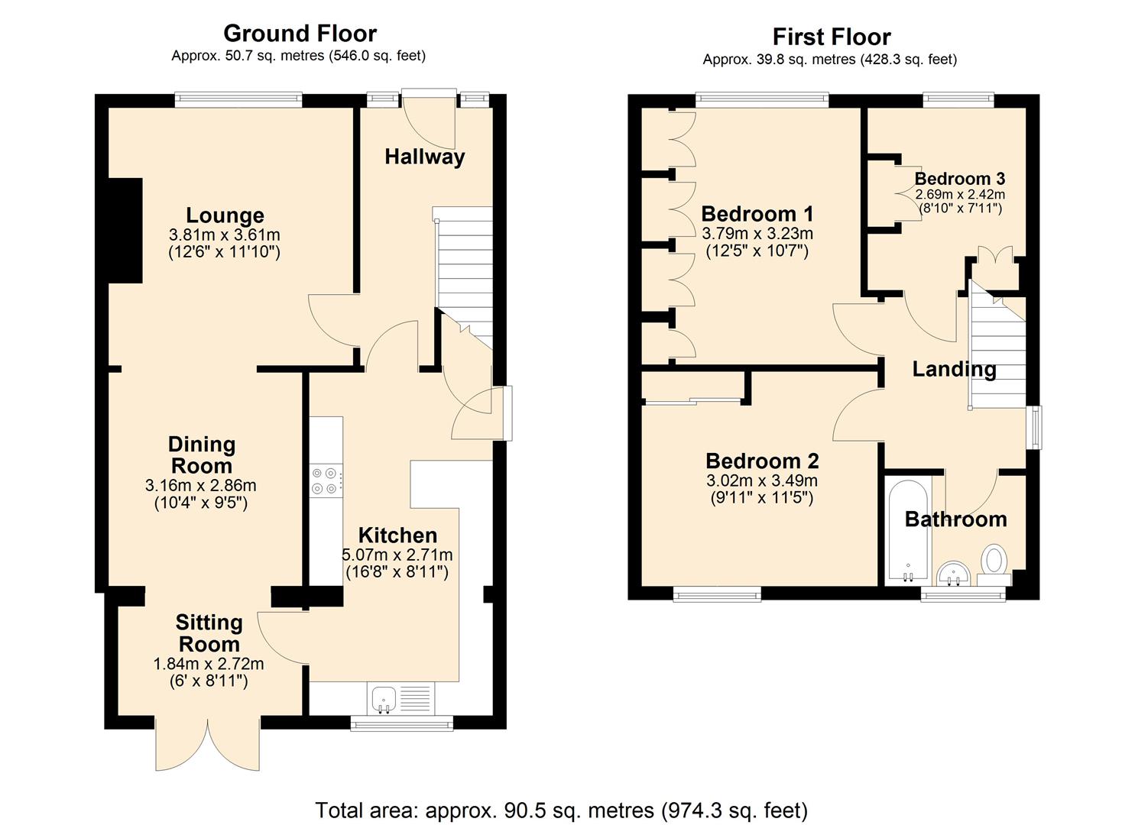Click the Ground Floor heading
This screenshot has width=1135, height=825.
(300, 34)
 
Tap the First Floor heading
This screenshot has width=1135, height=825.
(832, 37)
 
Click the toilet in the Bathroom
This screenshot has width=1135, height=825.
(994, 561)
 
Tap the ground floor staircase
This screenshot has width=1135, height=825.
(463, 267)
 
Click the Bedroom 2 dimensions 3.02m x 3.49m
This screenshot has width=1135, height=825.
(761, 481)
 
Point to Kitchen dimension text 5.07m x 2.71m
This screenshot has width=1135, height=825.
(397, 555)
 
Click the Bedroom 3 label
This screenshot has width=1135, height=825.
(959, 179)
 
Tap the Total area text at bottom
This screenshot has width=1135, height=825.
(562, 810)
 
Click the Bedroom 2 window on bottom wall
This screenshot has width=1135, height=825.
(717, 594)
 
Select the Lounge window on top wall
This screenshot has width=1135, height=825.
(238, 99)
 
